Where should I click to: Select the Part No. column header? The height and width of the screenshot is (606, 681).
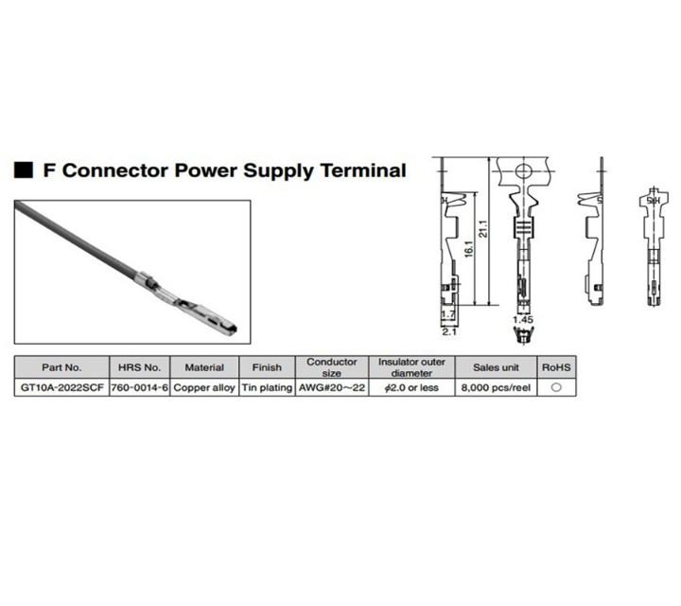point(62,367)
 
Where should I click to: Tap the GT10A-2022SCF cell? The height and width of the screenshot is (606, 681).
point(62,388)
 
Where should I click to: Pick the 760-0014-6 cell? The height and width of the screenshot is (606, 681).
point(140,388)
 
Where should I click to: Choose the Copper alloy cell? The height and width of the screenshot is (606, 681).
point(204,388)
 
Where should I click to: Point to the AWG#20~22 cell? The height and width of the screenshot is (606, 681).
point(332,388)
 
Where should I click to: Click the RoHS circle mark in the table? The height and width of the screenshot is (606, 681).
point(555,388)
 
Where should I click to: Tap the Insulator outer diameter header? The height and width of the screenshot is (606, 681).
point(411,367)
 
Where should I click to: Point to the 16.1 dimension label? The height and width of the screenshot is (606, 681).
point(469,253)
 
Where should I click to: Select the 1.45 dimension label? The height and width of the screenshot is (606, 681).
point(523,320)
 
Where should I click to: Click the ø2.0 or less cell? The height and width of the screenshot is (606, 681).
point(411,388)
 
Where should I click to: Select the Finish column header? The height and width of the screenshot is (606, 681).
point(266,367)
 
